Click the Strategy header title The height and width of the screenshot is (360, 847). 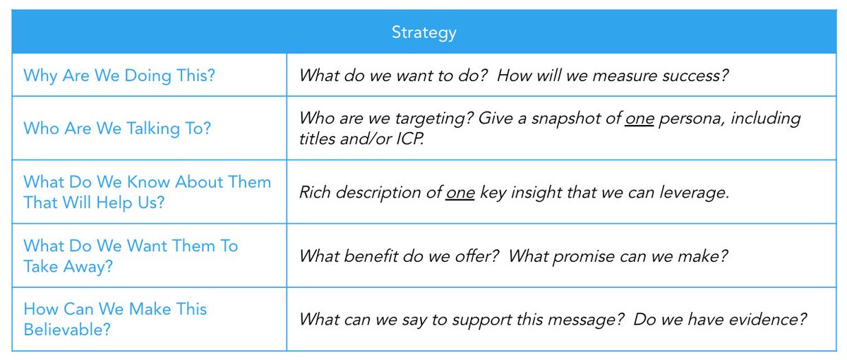coord(423,32)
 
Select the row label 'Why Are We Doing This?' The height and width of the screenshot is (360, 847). coord(119,76)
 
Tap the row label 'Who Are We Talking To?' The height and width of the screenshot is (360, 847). coord(117,128)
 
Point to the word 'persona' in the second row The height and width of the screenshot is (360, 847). coord(692,118)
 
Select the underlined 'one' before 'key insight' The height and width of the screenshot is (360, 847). coord(460,192)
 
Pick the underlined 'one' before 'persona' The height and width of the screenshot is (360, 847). coord(639,118)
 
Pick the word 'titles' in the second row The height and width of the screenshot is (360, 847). coord(318,139)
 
